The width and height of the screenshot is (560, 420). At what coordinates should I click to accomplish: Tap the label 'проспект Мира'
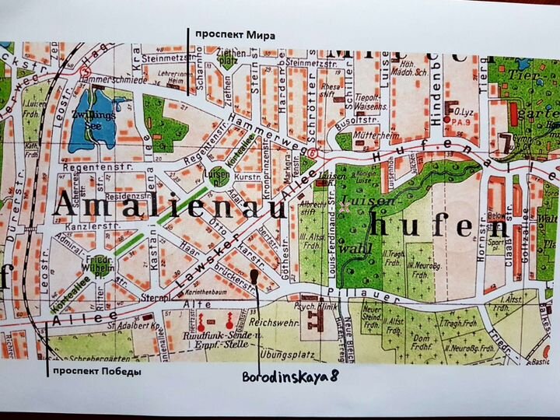(x=235, y=34)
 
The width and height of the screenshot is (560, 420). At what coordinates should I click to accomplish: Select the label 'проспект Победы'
(x=96, y=371)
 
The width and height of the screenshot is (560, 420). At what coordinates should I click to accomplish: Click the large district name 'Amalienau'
(x=140, y=208)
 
